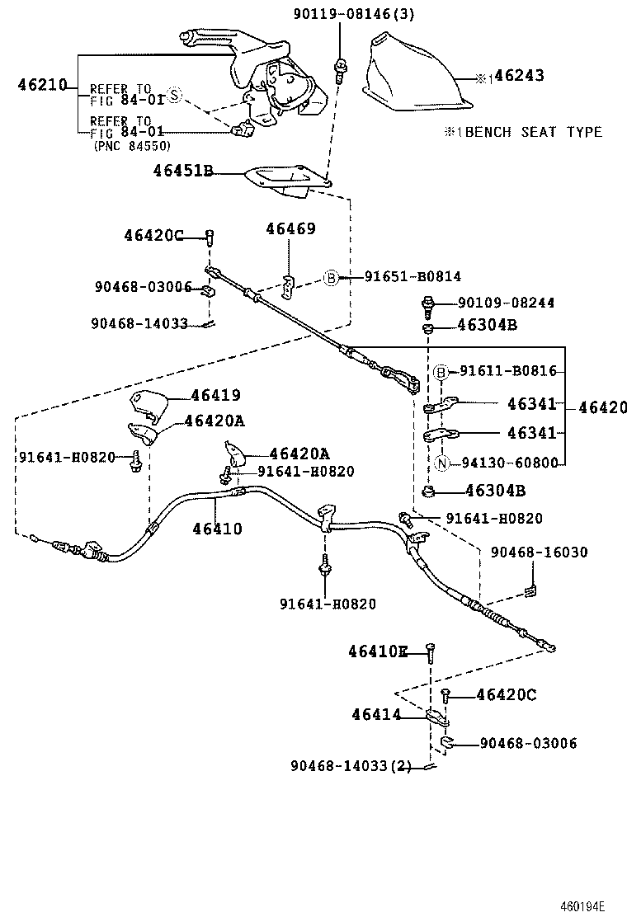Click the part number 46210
(x=43, y=85)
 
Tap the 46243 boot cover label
(x=519, y=75)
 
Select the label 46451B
(x=183, y=170)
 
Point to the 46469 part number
(x=290, y=228)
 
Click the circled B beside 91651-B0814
(x=331, y=278)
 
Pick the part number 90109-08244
(x=506, y=303)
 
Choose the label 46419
(x=216, y=395)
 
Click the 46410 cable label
(x=218, y=529)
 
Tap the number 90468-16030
(x=540, y=552)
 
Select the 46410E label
(x=378, y=651)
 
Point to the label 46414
(x=377, y=714)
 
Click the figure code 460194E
(x=582, y=906)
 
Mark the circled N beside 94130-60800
(x=442, y=463)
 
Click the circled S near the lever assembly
(x=174, y=94)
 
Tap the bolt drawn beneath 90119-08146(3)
(x=339, y=72)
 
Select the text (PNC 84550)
(x=132, y=146)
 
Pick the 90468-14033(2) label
(x=351, y=765)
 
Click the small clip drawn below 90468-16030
(x=530, y=591)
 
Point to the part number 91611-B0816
(x=507, y=371)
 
